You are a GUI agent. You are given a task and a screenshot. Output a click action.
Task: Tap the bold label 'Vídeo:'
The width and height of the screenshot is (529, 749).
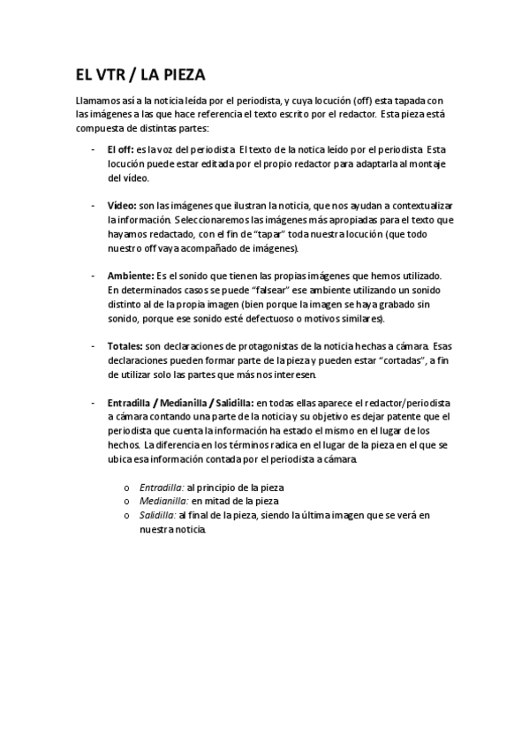(123, 204)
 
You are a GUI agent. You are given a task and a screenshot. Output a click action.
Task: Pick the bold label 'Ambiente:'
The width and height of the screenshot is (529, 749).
(131, 276)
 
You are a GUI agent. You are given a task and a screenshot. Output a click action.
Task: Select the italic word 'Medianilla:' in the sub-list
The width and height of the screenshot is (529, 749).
(163, 500)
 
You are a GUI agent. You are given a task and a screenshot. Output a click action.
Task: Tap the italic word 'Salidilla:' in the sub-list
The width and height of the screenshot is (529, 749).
(157, 513)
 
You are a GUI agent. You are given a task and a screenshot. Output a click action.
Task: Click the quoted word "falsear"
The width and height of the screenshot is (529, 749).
(273, 290)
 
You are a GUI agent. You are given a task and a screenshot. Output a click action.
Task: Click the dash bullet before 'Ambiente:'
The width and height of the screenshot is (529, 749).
(93, 276)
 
